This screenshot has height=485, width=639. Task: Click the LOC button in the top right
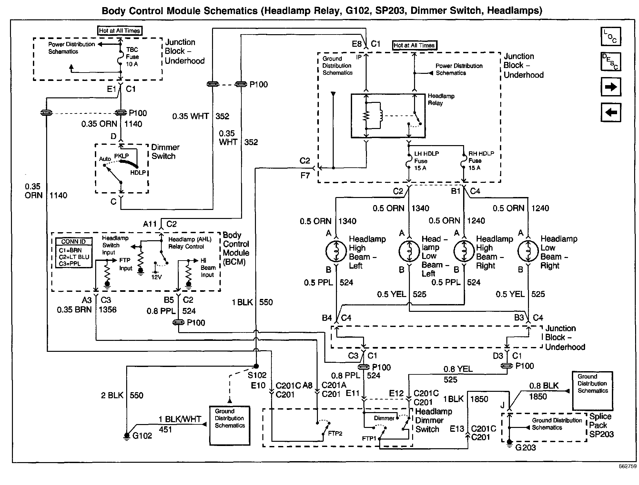point(611,36)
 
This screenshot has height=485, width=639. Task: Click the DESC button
point(611,61)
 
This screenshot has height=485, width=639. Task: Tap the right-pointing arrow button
point(611,87)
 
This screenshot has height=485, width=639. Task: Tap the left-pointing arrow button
point(611,112)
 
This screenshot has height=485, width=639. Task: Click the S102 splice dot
point(256,366)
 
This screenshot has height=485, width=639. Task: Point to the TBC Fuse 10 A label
point(132,57)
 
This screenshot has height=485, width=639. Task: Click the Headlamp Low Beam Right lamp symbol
point(528,251)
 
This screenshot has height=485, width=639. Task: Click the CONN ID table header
point(74,242)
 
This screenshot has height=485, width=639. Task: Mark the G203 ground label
point(525,448)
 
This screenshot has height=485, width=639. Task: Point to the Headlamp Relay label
point(441,99)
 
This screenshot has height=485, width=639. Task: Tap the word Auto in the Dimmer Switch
point(105,159)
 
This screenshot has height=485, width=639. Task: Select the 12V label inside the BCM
point(157,277)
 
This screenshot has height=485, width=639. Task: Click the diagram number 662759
point(627,466)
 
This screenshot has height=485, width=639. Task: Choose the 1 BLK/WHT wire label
point(180,419)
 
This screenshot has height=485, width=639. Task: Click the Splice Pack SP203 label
point(601,425)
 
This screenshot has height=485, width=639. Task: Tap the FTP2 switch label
point(335,433)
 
